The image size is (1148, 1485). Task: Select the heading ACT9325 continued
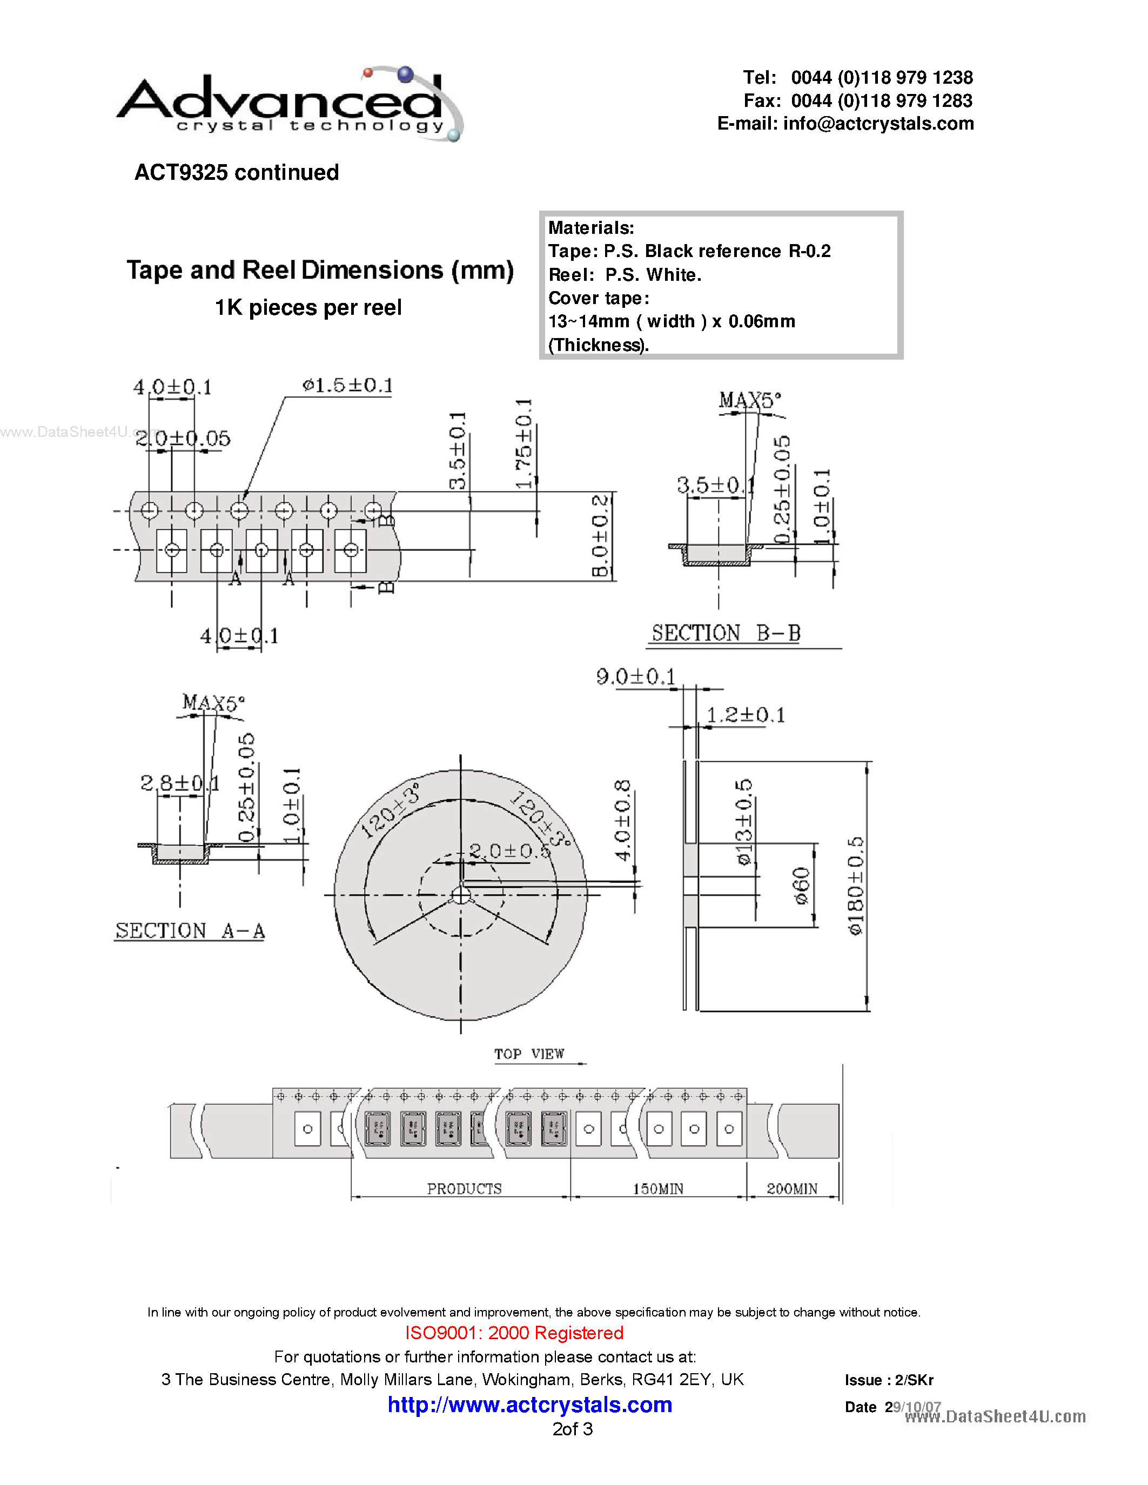coord(236,173)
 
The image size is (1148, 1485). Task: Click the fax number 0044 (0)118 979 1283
coord(882,100)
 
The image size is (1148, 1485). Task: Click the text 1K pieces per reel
coord(308,307)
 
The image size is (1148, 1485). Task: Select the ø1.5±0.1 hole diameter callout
coord(347,386)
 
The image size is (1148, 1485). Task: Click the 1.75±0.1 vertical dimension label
coord(523,443)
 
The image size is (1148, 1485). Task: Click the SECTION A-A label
coord(190,930)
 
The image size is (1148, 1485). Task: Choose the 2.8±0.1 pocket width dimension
coord(179,784)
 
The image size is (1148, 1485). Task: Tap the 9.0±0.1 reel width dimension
coord(635,677)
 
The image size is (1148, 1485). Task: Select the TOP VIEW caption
coord(528,1054)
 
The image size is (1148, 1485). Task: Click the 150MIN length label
coord(657,1189)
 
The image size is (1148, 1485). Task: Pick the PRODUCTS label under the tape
coord(464,1189)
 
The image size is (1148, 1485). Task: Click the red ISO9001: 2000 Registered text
coord(514,1333)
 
